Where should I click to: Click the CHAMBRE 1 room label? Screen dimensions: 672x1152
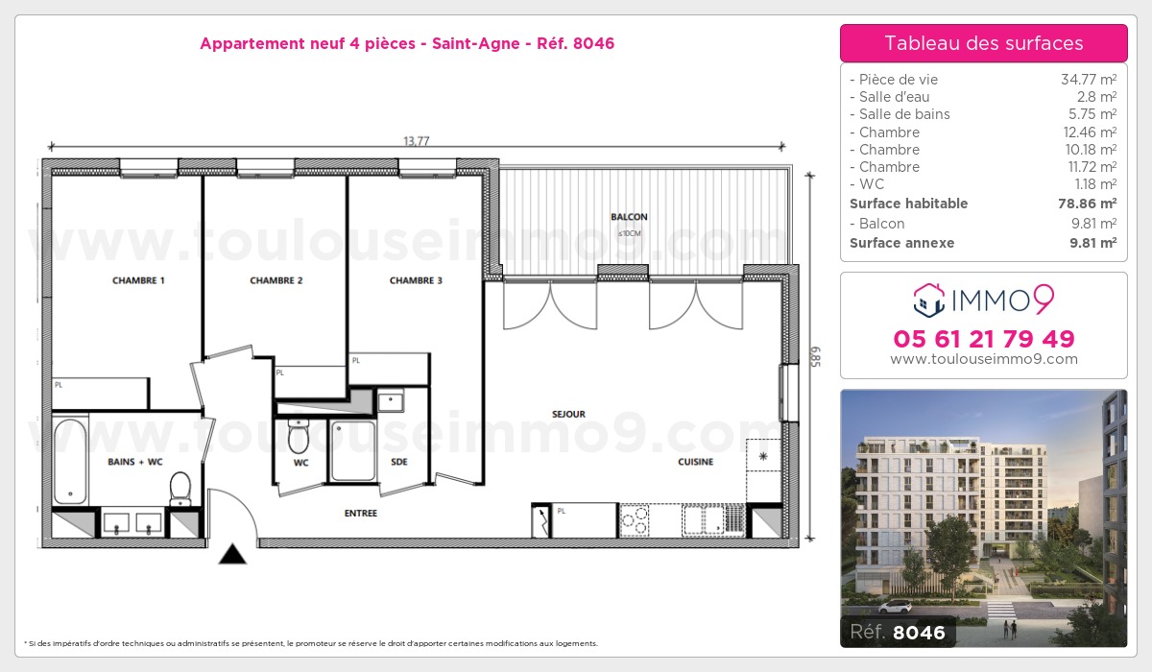[x=138, y=280]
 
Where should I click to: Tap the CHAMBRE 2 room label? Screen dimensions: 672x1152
[x=276, y=280]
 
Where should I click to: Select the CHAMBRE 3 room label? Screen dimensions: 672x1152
[x=416, y=280]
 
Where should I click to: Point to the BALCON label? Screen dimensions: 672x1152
[x=629, y=217]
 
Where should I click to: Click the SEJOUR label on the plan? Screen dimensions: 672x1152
[x=568, y=415]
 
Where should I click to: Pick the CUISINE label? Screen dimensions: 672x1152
[x=695, y=462]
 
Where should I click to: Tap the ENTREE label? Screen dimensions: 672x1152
[x=361, y=514]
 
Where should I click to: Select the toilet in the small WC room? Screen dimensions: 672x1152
[x=299, y=439]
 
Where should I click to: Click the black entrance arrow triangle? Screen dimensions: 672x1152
[x=231, y=554]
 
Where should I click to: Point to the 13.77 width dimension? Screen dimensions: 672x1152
[x=416, y=141]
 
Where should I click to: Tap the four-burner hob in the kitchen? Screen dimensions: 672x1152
[x=635, y=520]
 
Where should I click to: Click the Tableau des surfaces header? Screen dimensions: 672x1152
[x=983, y=43]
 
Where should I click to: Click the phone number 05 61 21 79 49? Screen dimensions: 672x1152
[x=983, y=339]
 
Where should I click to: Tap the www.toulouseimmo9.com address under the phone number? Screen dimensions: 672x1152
[x=983, y=359]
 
